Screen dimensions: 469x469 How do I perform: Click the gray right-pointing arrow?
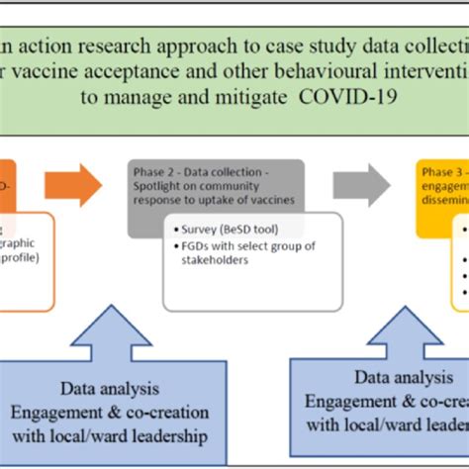tap(360, 184)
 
